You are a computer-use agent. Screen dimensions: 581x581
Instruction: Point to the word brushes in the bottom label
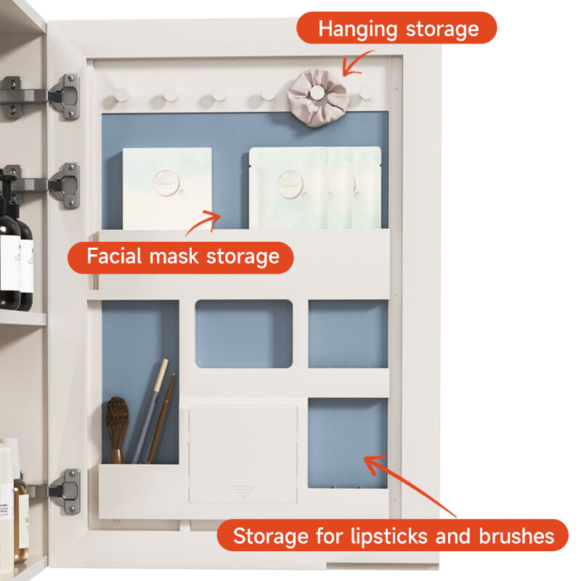point(516,536)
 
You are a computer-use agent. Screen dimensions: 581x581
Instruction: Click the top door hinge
point(41,97)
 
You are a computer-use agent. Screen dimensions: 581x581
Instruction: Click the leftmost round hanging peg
point(121,94)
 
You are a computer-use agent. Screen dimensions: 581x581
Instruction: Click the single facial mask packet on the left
point(167,188)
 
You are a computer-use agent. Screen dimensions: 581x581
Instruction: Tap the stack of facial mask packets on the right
point(315,187)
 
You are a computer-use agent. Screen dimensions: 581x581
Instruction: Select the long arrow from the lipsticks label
point(409,486)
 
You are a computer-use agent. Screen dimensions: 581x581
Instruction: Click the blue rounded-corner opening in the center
point(244,334)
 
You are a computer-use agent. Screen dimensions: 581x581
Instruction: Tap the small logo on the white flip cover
point(243,492)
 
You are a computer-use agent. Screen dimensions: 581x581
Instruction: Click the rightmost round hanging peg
point(366,93)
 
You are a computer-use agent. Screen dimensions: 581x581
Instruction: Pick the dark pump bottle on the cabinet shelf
point(10,245)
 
